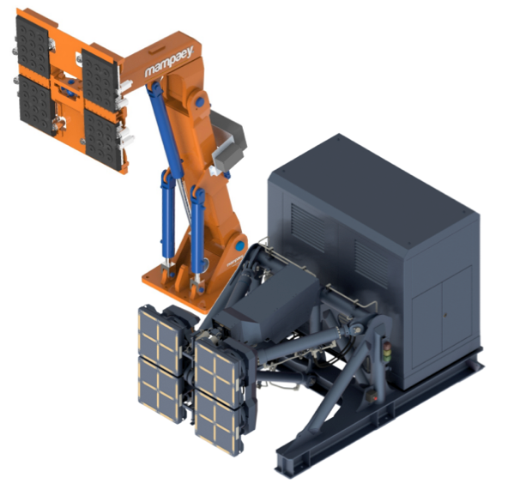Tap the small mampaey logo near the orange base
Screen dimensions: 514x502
(x=235, y=262)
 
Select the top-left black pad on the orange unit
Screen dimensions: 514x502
(x=33, y=46)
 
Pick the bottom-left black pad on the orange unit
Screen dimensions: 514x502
(x=36, y=105)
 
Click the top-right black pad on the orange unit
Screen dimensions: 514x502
(x=100, y=80)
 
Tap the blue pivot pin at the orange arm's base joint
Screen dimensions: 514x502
(x=240, y=246)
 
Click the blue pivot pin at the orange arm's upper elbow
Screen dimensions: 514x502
(x=200, y=102)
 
